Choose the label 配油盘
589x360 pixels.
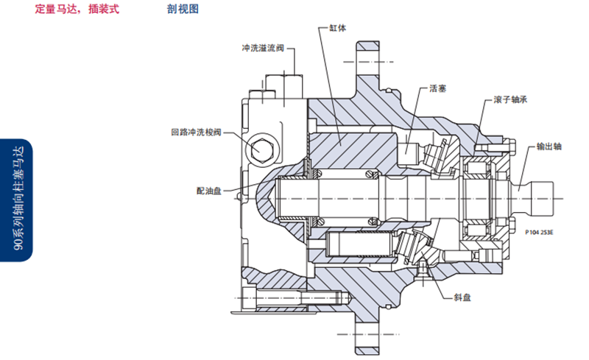[208, 190]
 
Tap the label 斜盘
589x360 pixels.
[463, 299]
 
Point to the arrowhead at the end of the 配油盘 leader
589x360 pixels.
[243, 195]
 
